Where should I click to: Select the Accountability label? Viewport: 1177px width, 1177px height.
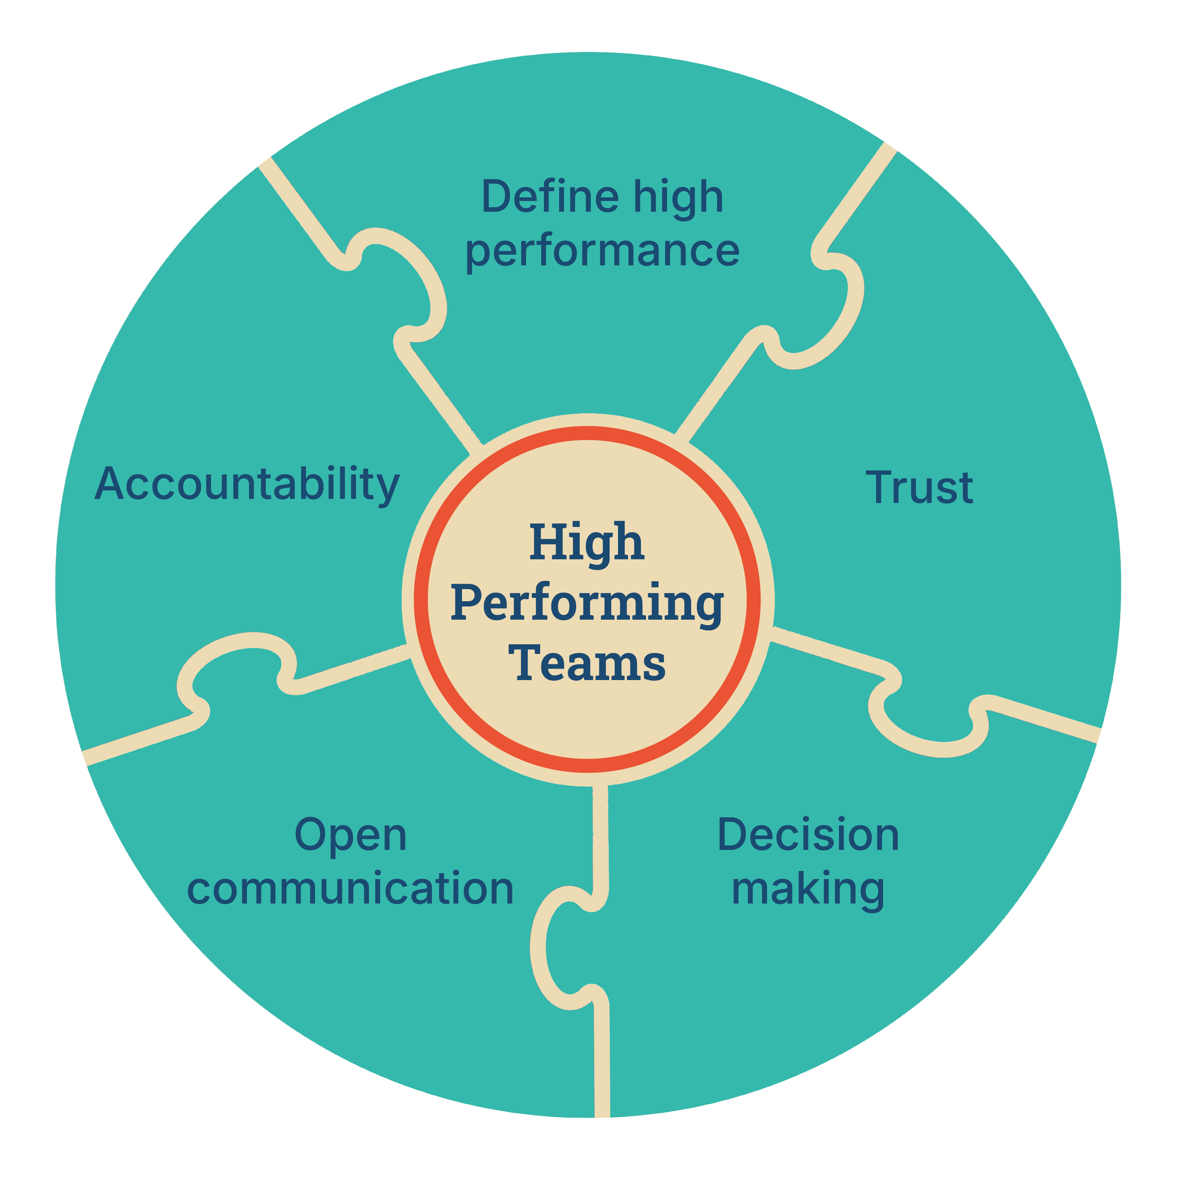[247, 484]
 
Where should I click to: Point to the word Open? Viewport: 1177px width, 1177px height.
[350, 836]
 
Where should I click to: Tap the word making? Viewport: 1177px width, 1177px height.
[808, 889]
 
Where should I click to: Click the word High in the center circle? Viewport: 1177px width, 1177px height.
[586, 542]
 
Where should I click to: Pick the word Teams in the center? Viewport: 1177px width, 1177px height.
[587, 662]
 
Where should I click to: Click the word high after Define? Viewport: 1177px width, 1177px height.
[678, 197]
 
